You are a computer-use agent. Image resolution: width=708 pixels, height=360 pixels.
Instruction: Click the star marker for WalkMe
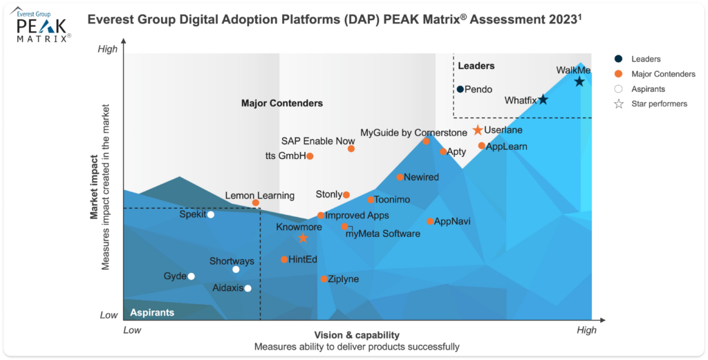point(579,82)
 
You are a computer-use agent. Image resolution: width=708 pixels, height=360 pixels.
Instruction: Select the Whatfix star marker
point(543,100)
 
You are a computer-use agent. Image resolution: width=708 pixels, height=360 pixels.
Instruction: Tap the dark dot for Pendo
point(460,89)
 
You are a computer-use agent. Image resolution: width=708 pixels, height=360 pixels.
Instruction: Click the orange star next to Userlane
point(477,130)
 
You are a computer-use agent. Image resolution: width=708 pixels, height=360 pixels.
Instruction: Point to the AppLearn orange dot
point(482,146)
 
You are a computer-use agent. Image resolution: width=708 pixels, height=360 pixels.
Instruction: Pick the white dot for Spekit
point(211,214)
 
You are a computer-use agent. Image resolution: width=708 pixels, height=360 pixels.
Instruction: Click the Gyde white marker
point(192,276)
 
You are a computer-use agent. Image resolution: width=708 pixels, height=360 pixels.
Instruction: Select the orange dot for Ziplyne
point(324,279)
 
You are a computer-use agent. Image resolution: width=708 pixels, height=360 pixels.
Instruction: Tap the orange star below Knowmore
point(303,238)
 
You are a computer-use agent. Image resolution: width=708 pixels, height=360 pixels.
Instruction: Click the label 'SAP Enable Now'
point(318,141)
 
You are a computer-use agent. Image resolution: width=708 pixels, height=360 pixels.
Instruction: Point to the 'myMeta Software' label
point(382,234)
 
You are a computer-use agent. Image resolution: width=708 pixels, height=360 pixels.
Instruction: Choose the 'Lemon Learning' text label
point(260,196)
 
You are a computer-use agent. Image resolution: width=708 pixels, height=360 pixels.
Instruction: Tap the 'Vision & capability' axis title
point(356,335)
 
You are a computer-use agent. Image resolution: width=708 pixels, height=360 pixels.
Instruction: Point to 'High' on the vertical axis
point(108,49)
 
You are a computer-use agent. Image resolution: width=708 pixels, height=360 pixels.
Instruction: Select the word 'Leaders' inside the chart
point(476,66)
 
